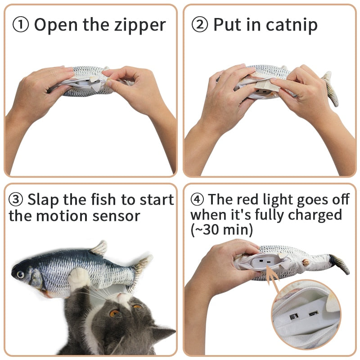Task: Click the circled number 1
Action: pos(21,25)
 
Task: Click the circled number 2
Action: pos(200,25)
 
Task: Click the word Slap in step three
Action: pos(45,199)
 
